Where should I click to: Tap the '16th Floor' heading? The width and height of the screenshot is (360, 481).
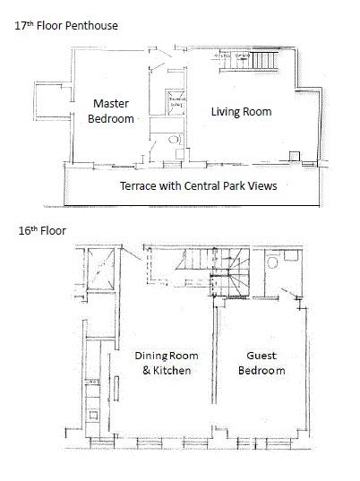pyautogui.click(x=41, y=230)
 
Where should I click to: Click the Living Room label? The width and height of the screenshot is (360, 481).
pyautogui.click(x=241, y=112)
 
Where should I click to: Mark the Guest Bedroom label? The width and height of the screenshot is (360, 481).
pyautogui.click(x=261, y=363)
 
